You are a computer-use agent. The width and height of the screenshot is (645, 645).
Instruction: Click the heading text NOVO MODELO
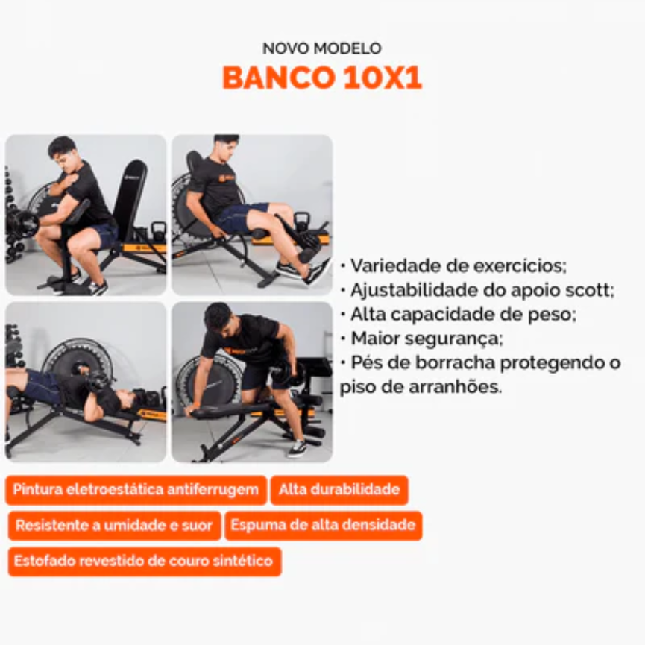322,48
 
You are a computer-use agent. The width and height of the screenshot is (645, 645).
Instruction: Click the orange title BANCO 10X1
322,78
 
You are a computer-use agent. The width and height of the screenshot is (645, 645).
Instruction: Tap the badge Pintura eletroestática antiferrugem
136,490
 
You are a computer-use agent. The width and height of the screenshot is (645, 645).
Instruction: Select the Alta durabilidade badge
339,490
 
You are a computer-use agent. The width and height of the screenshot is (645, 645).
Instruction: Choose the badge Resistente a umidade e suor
114,526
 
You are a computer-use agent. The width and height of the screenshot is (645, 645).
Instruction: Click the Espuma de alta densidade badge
324,525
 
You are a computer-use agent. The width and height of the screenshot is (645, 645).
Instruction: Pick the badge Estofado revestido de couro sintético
145,561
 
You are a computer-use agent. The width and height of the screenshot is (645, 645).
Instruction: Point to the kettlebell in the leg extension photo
301,222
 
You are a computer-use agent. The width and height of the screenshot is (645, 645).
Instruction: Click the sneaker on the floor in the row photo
297,448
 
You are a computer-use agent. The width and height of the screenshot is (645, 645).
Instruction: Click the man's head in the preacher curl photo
63,151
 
